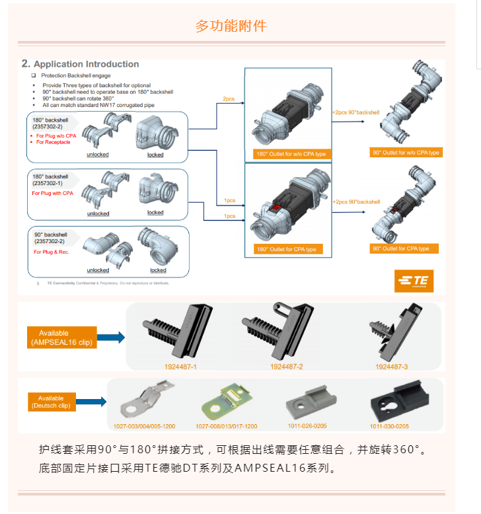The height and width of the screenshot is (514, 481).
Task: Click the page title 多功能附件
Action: (231, 26)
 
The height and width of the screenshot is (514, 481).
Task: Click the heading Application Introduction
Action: (86, 64)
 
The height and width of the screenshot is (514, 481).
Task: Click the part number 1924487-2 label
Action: (286, 366)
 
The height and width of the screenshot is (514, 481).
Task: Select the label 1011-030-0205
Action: (389, 426)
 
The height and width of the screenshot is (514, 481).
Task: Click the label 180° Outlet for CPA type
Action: (285, 249)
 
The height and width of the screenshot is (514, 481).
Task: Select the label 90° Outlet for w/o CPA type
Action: (406, 153)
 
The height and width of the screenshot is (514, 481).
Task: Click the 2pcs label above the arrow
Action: (229, 98)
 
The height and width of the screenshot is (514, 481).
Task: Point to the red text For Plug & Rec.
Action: (51, 252)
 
